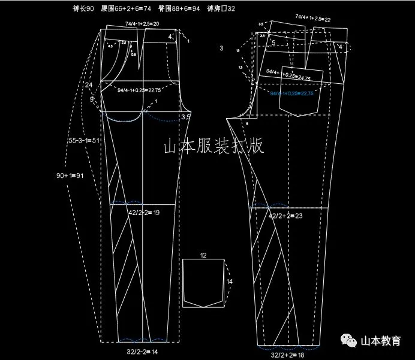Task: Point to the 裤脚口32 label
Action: pyautogui.click(x=221, y=9)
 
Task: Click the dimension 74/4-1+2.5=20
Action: pyautogui.click(x=142, y=24)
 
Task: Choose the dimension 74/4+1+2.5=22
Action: pyautogui.click(x=313, y=19)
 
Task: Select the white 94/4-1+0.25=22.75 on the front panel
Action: pyautogui.click(x=139, y=90)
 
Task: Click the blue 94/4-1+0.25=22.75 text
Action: pyautogui.click(x=292, y=93)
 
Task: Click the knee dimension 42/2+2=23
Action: pyautogui.click(x=286, y=216)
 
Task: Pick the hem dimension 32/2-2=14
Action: pyautogui.click(x=143, y=352)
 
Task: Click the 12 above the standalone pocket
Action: pyautogui.click(x=203, y=255)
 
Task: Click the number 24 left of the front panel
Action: pyautogui.click(x=89, y=85)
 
